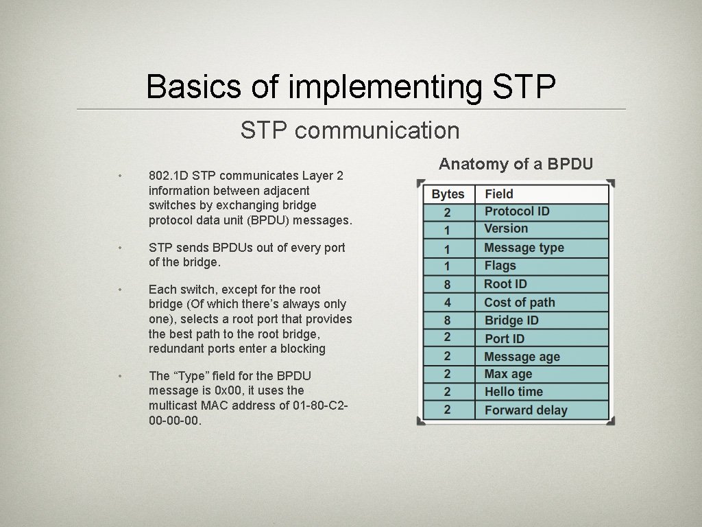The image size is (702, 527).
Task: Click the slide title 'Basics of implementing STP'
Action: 350,87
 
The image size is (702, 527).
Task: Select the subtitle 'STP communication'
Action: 350,130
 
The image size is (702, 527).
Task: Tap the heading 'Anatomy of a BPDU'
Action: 516,164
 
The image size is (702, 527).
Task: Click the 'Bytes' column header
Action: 448,194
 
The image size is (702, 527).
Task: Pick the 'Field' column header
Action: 499,194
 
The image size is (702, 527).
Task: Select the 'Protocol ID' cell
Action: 517,211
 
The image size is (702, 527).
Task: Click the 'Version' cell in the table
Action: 506,229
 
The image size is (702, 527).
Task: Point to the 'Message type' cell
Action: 524,248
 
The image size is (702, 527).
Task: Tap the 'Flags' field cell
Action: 500,266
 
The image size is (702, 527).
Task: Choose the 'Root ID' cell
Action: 505,284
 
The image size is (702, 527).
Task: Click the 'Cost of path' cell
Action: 520,303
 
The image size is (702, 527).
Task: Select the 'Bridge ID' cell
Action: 511,320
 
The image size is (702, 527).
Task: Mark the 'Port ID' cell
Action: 504,338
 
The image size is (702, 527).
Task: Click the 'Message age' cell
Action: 522,357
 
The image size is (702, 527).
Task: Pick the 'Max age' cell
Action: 508,374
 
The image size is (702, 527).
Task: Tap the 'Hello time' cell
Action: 513,392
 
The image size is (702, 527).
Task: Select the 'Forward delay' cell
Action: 526,410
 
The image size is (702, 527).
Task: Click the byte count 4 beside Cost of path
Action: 447,303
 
